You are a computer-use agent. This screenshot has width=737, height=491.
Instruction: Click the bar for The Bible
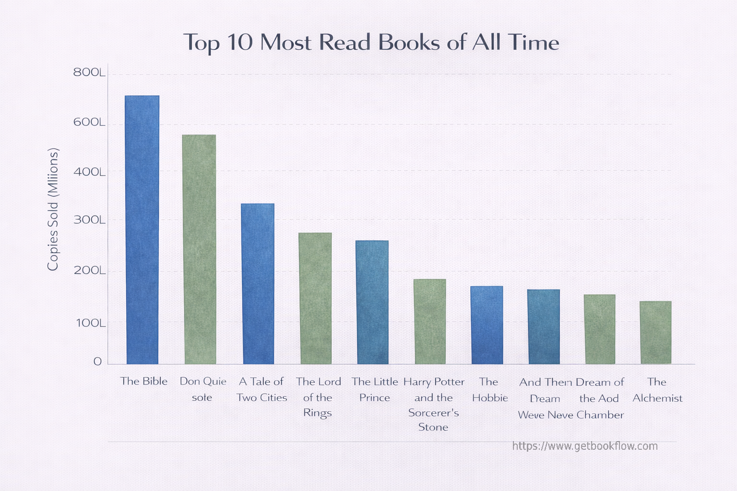click(142, 230)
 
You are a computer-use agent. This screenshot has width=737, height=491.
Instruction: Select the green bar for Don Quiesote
click(200, 249)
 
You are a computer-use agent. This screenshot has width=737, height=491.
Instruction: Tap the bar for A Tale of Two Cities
click(258, 284)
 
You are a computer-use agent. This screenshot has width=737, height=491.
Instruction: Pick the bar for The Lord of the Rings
click(315, 298)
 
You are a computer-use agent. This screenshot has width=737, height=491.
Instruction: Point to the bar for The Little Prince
click(372, 302)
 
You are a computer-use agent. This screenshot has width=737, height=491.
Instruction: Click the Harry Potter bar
click(430, 321)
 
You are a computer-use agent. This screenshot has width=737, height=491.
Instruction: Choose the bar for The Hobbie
click(487, 325)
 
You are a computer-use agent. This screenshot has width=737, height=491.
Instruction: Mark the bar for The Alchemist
click(656, 332)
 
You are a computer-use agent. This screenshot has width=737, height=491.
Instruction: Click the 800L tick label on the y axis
click(89, 73)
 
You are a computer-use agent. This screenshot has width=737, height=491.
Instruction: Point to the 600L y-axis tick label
click(89, 123)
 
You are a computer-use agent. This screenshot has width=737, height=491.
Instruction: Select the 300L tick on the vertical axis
click(89, 220)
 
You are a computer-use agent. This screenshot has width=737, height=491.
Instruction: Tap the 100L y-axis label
click(90, 323)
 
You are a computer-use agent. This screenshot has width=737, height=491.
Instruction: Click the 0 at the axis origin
click(97, 362)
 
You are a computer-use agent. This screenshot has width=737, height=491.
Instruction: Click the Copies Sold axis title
click(53, 209)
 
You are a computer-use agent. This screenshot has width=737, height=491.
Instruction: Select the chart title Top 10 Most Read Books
click(371, 43)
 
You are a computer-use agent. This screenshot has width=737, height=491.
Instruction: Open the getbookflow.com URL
click(585, 446)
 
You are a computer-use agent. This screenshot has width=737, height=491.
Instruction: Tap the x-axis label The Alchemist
click(657, 390)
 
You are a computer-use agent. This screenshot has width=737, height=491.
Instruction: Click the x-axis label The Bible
click(144, 381)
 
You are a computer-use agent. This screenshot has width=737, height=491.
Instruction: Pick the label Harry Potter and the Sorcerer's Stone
click(434, 404)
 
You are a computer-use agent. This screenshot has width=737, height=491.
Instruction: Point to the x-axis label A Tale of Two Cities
click(262, 389)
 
